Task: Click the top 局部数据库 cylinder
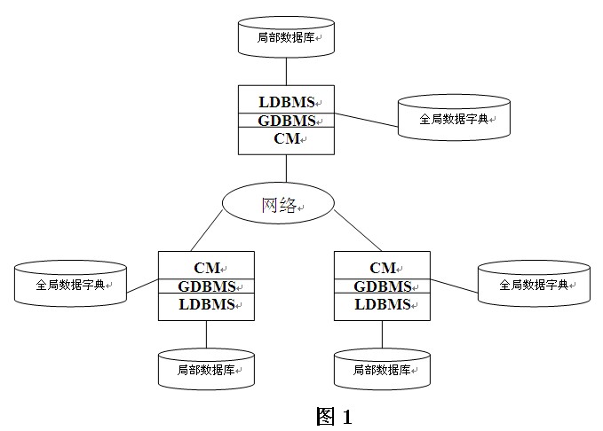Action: pos(286,37)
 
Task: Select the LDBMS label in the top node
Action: pos(286,102)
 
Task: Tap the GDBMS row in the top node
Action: pos(286,121)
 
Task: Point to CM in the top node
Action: pos(286,139)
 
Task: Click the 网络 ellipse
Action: pos(278,205)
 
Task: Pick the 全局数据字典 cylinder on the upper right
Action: pos(454,118)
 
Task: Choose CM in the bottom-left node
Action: pos(206,267)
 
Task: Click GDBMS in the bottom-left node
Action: pos(206,286)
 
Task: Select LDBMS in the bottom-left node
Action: pos(206,305)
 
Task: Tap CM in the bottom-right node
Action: pos(382,267)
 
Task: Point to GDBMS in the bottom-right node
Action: pos(382,286)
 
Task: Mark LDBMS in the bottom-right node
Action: pos(382,305)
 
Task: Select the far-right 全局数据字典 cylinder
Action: pos(534,285)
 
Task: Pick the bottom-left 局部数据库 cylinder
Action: pos(206,369)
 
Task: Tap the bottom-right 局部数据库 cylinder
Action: pos(382,369)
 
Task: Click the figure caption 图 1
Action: pos(334,416)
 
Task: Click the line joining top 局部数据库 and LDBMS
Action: pos(286,71)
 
